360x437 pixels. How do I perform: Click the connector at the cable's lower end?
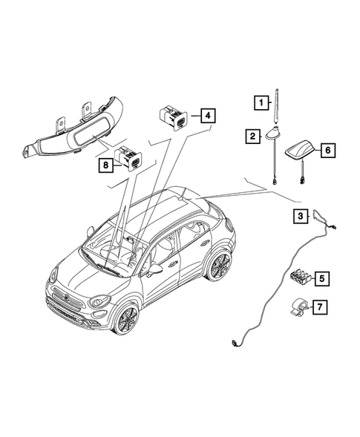tap(235, 341)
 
